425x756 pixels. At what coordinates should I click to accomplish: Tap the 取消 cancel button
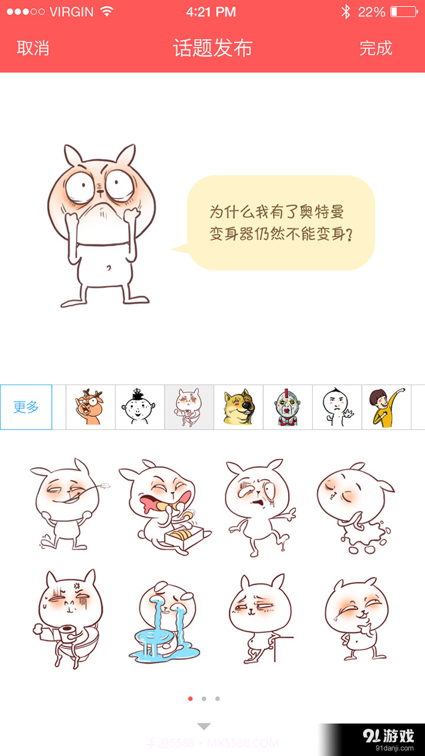click(33, 48)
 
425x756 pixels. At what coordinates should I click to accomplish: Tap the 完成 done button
click(376, 48)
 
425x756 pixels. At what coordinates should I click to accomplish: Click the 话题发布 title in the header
click(212, 48)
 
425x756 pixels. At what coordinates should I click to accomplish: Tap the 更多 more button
click(26, 407)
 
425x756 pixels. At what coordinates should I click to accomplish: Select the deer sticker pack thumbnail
click(90, 407)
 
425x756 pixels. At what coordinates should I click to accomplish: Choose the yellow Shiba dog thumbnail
click(238, 407)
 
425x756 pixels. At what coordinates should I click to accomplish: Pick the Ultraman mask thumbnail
click(287, 407)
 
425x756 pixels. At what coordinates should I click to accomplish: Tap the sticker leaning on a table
click(260, 619)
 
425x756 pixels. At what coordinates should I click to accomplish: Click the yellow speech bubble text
click(281, 223)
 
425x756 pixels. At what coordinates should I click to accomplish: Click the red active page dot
click(190, 699)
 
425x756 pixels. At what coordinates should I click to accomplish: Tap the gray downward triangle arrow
click(204, 726)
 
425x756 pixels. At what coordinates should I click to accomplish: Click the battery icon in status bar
click(403, 12)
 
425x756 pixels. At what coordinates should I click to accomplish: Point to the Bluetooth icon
click(346, 12)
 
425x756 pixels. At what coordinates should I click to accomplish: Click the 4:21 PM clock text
click(211, 12)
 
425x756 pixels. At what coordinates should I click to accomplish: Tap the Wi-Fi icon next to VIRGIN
click(107, 12)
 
